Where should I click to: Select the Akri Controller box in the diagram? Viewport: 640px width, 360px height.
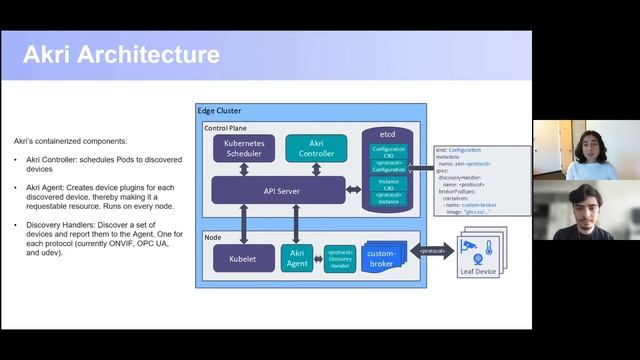(x=316, y=149)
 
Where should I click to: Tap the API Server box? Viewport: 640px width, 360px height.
(x=278, y=190)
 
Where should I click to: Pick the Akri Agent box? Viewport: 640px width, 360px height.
(x=297, y=259)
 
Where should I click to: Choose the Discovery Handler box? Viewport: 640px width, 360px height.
(x=340, y=259)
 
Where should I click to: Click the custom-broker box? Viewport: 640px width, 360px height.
(x=384, y=256)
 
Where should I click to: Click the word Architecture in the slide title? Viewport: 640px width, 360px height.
(x=151, y=53)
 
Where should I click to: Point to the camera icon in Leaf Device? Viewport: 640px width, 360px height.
(x=467, y=246)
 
